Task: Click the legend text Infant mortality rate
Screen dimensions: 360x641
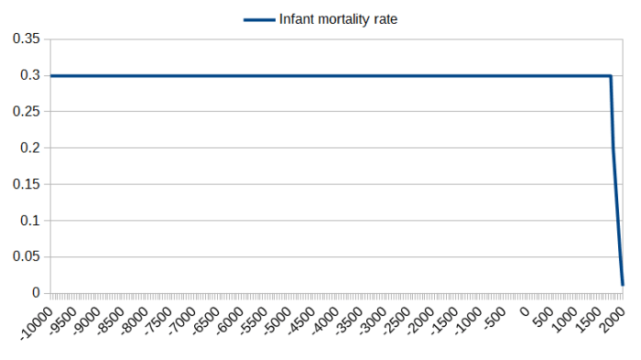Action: coord(338,17)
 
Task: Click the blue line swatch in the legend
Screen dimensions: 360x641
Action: coord(259,17)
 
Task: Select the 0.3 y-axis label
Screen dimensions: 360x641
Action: coord(31,75)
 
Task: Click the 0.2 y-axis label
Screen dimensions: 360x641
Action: coord(31,147)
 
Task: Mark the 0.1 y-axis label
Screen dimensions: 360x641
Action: coord(31,220)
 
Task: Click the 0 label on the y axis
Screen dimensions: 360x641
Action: coord(37,293)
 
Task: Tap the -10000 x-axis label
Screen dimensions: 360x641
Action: coord(37,323)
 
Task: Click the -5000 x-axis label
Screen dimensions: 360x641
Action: coord(277,321)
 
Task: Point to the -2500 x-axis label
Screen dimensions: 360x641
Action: coord(397,321)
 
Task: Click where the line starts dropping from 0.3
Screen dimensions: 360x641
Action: coord(611,76)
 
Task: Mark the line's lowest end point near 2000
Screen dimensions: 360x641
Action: coord(623,285)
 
